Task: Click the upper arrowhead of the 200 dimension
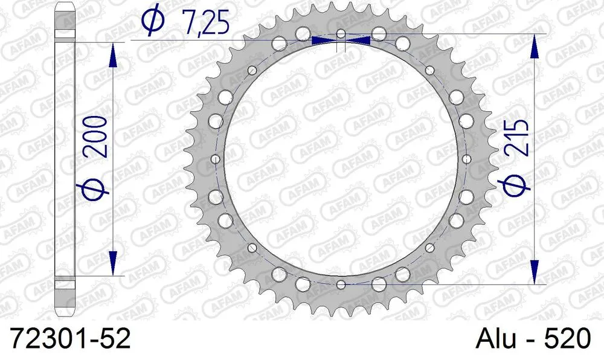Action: pyautogui.click(x=112, y=55)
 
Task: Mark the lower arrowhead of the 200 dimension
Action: pyautogui.click(x=112, y=263)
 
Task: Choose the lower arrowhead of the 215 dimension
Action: pyautogui.click(x=534, y=272)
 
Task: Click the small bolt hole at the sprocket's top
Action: pyautogui.click(x=341, y=33)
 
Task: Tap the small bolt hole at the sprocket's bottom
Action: pyautogui.click(x=341, y=284)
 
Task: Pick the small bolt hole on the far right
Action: pyautogui.click(x=466, y=159)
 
